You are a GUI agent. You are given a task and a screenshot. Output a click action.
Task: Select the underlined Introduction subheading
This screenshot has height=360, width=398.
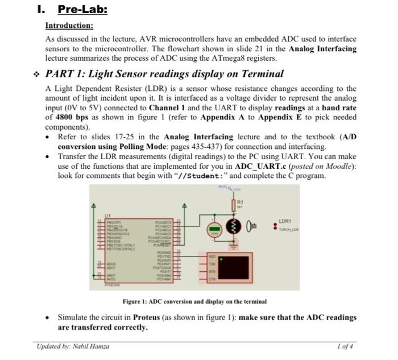coord(69,26)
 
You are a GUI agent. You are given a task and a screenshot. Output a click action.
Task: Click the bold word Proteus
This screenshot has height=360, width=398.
coord(148,317)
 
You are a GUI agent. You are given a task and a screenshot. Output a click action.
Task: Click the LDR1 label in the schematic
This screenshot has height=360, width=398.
coord(285,221)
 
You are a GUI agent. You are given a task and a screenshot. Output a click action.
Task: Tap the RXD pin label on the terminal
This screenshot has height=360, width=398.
coord(212,257)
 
